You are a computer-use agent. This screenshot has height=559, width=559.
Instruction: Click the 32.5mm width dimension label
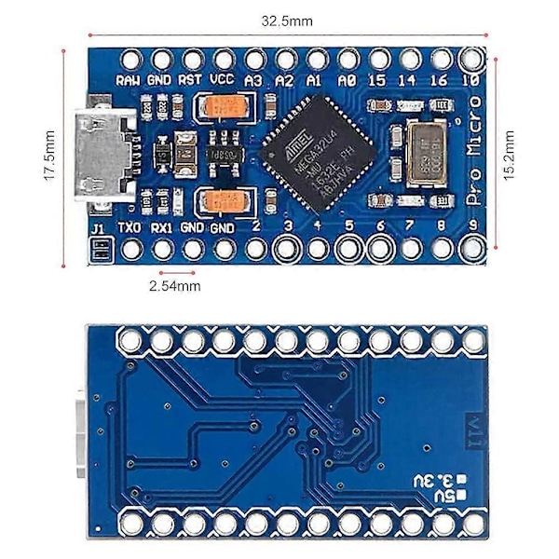[287, 20]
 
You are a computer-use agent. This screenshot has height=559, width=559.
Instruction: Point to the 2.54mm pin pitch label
[175, 286]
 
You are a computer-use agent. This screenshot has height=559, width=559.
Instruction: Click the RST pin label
[191, 80]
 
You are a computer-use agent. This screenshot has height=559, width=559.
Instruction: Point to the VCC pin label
[222, 80]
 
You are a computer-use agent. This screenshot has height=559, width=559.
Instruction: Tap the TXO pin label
[130, 226]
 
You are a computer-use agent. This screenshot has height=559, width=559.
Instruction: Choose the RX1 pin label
[161, 226]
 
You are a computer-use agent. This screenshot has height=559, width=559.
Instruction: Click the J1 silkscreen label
[98, 226]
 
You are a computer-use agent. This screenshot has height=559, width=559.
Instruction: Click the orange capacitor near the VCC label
[224, 107]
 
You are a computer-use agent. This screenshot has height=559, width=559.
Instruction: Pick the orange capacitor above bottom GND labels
[224, 199]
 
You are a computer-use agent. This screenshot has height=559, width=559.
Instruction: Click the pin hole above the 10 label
[471, 59]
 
